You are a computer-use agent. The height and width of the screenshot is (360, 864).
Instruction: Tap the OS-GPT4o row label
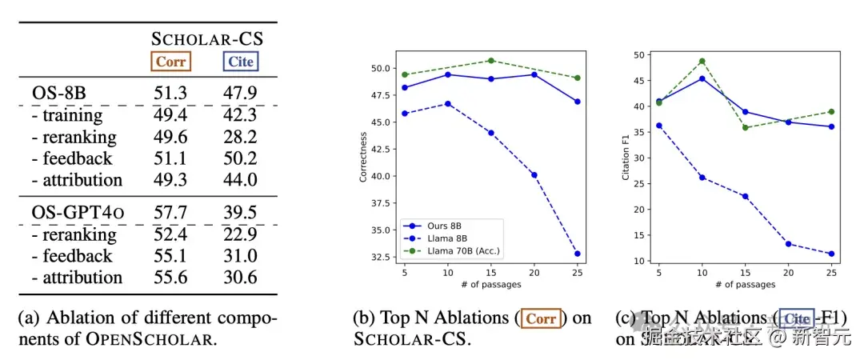tap(78, 213)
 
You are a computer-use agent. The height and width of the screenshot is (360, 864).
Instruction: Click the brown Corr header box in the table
tap(170, 61)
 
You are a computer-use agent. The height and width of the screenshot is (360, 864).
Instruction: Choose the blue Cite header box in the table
tap(239, 61)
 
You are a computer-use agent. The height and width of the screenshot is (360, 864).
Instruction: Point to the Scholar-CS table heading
tap(208, 38)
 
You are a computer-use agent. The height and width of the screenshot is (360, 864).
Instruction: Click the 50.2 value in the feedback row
tap(239, 158)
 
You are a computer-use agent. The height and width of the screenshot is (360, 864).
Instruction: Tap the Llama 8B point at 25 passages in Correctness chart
tap(577, 254)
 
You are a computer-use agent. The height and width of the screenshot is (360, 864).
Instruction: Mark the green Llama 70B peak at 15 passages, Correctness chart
tap(490, 60)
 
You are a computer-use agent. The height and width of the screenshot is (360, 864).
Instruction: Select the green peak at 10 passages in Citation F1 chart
tap(701, 61)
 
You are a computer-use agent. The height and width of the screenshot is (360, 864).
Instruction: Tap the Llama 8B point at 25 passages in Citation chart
tap(831, 254)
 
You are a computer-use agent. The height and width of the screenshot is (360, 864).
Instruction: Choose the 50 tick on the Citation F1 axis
tap(638, 54)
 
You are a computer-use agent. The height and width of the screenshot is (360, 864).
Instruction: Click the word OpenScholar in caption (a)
tap(150, 339)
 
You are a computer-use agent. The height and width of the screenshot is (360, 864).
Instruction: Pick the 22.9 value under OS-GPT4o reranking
tap(239, 234)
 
